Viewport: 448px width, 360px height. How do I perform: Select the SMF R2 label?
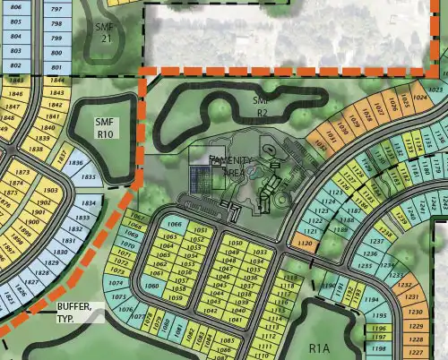click(x=262, y=108)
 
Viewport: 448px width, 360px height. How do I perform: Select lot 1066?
click(x=175, y=224)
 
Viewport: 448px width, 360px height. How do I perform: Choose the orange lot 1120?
click(x=305, y=242)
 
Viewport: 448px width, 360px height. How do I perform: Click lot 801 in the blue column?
click(x=56, y=67)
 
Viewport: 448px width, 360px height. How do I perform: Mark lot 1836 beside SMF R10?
click(x=76, y=163)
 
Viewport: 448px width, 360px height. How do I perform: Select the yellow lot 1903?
click(x=50, y=191)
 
